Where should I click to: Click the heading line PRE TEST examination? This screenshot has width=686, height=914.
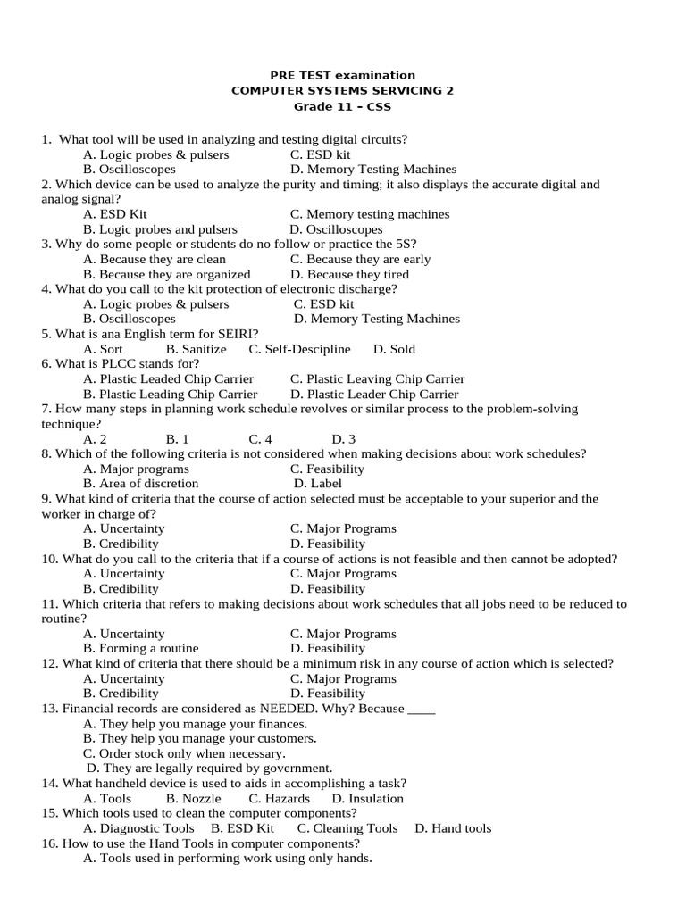342,75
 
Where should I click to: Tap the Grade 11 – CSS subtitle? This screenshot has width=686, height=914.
342,106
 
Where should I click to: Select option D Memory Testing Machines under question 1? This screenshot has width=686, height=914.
373,169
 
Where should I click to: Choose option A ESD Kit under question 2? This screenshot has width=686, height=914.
115,214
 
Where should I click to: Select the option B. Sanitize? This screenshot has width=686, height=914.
197,349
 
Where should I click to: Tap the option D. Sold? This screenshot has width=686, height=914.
394,349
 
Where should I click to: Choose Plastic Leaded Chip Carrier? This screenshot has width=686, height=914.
168,378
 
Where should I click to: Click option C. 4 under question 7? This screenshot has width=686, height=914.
260,439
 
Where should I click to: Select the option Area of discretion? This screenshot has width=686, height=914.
140,484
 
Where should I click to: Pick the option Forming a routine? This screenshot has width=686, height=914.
140,648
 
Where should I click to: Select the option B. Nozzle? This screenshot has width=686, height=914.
194,799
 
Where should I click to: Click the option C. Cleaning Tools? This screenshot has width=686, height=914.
347,828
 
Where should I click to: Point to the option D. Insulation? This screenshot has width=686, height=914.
367,799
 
